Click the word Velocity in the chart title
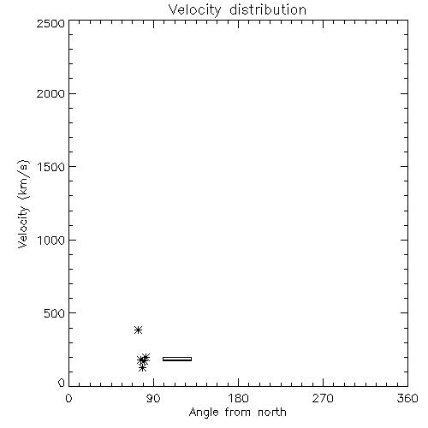point(195,10)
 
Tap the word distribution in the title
point(268,9)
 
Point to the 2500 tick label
point(51,23)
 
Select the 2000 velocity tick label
point(51,94)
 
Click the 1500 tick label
point(51,167)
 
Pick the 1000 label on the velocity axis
point(51,241)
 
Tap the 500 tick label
point(55,313)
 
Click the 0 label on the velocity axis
point(62,383)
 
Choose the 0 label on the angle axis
point(68,398)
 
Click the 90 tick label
point(153,398)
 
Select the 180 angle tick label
point(238,398)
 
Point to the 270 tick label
point(323,398)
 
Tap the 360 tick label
point(407,398)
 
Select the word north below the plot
point(272,413)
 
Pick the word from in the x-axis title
point(238,413)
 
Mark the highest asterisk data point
point(139,330)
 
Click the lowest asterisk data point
point(143,368)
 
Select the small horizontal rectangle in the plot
point(177,359)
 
